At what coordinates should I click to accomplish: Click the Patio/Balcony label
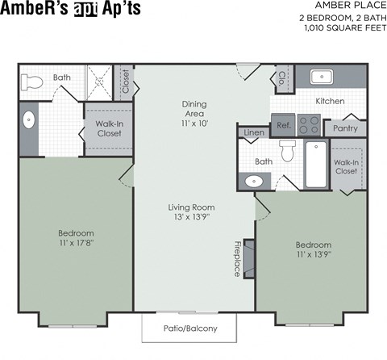pos(190,329)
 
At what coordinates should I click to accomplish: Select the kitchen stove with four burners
pos(309,125)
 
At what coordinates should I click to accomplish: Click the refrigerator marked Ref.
pos(283,126)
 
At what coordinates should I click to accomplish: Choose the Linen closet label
pos(252,132)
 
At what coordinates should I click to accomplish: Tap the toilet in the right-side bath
pos(287,151)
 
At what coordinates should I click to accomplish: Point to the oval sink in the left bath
pos(28,121)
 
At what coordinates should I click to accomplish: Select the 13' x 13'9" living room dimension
pos(191,217)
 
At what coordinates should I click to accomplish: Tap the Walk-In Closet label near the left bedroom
pos(108,128)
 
